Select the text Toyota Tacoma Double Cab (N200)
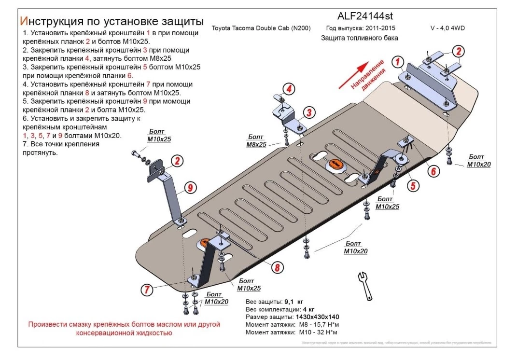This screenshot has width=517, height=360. (x=261, y=28)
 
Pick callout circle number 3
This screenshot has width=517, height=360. (x=309, y=113)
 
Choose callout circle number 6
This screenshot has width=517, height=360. (x=433, y=170)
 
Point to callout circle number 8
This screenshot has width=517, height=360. (x=277, y=268)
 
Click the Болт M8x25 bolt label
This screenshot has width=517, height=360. (x=256, y=141)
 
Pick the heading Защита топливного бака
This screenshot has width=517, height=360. (x=360, y=38)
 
